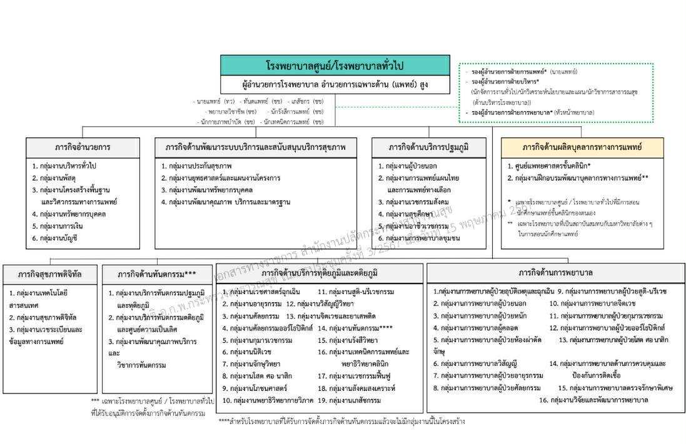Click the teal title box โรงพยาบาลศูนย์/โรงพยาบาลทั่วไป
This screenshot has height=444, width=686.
point(335,66)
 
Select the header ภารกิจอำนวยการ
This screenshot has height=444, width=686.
point(83,147)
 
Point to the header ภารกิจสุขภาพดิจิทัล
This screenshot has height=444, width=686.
point(49,274)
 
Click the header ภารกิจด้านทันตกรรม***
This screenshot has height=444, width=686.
point(157,274)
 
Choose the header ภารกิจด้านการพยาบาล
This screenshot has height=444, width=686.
point(555,273)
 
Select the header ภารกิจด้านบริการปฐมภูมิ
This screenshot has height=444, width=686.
point(428,147)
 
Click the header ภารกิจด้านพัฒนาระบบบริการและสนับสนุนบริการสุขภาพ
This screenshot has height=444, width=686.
point(256,147)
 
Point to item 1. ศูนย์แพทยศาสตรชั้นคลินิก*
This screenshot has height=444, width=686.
point(550,166)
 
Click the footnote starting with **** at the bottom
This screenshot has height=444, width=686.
point(341,422)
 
